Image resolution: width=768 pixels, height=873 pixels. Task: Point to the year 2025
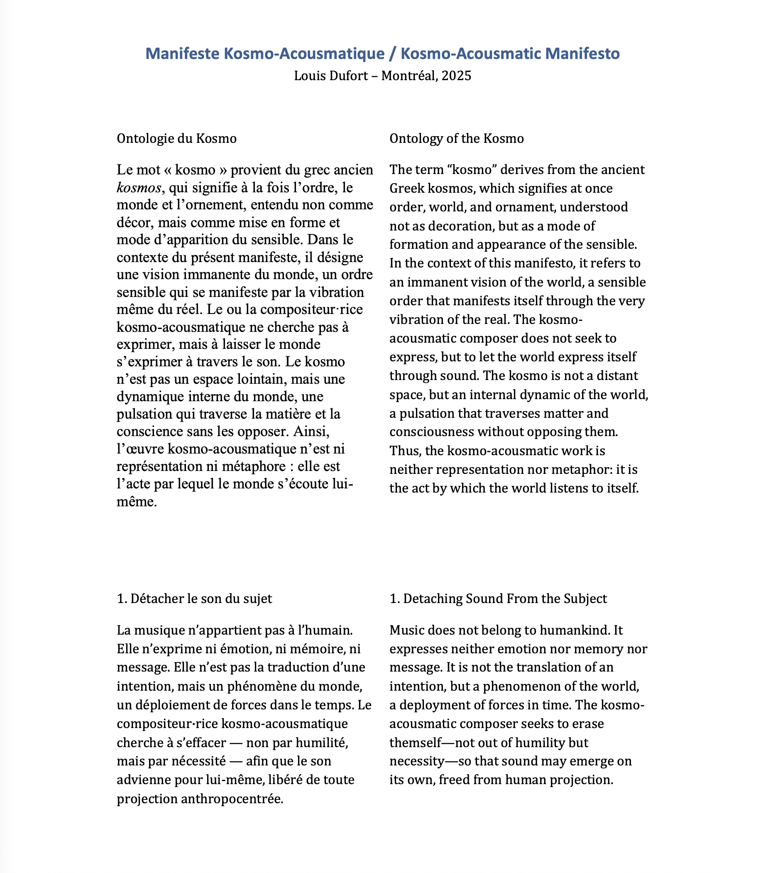tap(456, 76)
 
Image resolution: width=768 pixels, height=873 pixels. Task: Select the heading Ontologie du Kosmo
tap(176, 139)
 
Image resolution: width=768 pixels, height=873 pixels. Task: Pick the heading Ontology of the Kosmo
tap(456, 139)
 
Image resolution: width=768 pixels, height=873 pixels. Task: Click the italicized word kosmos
tap(139, 187)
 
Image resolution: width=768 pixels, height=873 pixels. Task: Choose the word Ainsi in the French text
tap(311, 432)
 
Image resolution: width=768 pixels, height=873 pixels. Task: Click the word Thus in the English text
tap(401, 451)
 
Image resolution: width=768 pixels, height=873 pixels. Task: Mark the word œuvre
tap(144, 449)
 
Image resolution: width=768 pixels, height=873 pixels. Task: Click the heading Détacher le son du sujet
tap(194, 599)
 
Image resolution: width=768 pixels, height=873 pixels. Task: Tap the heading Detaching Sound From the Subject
tap(498, 599)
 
